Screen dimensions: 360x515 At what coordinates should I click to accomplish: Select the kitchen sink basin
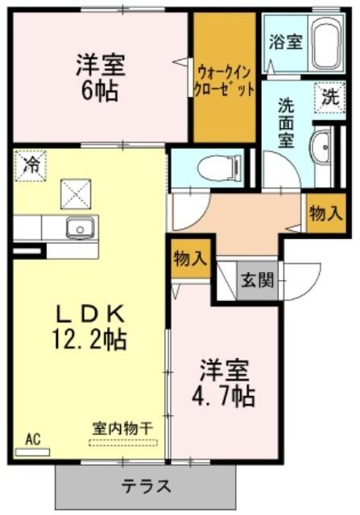tap(80, 228)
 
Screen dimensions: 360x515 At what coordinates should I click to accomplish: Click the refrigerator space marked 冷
tap(31, 166)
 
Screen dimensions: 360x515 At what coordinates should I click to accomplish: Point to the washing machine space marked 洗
tap(329, 97)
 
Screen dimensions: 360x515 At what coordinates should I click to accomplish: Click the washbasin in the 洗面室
tap(321, 148)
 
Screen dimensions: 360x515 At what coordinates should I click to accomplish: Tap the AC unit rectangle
tap(32, 452)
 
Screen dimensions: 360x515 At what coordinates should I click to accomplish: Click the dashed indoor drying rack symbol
tap(123, 443)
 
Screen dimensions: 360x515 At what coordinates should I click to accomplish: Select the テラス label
tap(147, 486)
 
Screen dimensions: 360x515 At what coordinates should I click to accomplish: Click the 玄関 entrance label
tap(258, 281)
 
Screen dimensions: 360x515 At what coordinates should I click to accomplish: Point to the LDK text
tap(90, 315)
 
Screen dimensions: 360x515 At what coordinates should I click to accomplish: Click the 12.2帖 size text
tap(89, 340)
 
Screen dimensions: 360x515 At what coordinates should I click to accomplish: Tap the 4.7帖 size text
tap(224, 397)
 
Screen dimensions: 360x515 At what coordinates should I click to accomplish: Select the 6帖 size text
tap(100, 91)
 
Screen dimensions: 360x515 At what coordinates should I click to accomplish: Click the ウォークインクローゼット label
tap(225, 80)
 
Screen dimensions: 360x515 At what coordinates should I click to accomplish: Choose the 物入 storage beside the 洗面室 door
tap(326, 214)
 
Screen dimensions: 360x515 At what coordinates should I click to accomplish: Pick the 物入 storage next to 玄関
tap(191, 259)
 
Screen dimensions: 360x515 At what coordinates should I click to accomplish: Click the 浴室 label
tap(286, 42)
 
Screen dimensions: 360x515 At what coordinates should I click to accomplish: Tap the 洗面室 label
tap(286, 123)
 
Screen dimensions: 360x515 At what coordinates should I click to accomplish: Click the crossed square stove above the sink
tap(76, 194)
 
